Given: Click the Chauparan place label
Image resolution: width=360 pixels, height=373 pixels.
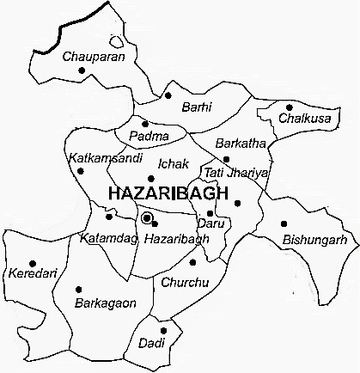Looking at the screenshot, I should click(x=95, y=57).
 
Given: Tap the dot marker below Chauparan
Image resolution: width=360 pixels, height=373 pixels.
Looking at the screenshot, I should click(x=82, y=70).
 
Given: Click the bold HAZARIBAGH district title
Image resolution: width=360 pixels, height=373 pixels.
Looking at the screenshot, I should click(x=168, y=194).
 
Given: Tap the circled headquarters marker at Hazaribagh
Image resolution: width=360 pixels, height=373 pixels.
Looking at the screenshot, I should click(x=148, y=217).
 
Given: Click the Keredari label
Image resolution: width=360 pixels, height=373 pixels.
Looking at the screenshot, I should click(x=28, y=274).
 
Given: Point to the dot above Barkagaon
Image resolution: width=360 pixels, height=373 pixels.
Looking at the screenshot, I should click(x=79, y=289).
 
